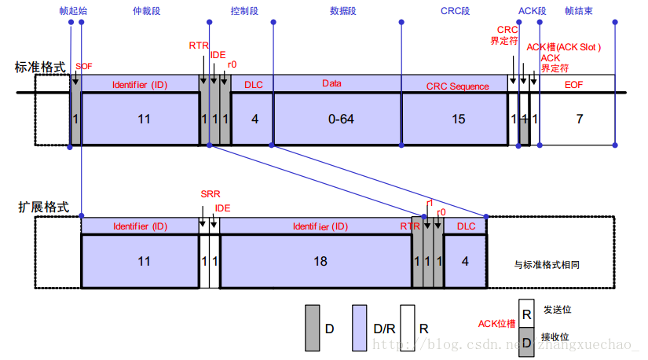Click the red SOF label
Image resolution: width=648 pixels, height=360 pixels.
[84, 66]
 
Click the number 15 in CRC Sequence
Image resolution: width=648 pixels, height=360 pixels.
[458, 119]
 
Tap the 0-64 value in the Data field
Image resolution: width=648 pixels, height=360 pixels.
[341, 119]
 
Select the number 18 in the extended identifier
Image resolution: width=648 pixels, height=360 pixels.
[320, 261]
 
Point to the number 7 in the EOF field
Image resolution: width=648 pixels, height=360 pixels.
[580, 119]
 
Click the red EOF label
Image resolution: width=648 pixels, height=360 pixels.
[573, 85]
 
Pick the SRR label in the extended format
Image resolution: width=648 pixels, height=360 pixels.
[211, 193]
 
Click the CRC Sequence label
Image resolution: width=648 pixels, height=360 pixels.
[457, 86]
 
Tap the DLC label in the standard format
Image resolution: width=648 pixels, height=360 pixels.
[254, 85]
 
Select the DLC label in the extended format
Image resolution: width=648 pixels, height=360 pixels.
[466, 226]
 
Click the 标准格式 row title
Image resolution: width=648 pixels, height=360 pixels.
[40, 67]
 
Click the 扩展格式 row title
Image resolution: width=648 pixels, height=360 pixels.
[43, 207]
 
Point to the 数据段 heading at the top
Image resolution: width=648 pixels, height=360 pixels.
[343, 11]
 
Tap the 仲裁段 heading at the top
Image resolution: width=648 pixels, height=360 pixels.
[146, 11]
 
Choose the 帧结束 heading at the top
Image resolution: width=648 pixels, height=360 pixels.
[579, 11]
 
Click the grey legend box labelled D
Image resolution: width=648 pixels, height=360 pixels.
[313, 328]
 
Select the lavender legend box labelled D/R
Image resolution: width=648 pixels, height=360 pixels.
[360, 328]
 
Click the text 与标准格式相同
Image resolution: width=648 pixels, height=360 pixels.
[547, 264]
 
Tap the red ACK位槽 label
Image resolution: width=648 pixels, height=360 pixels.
[496, 324]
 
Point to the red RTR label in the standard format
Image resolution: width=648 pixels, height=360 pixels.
[199, 46]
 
